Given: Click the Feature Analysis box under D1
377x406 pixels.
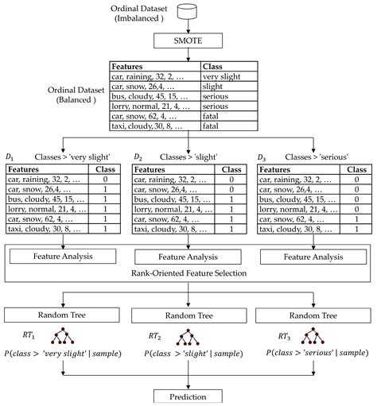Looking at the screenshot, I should [63, 257].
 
